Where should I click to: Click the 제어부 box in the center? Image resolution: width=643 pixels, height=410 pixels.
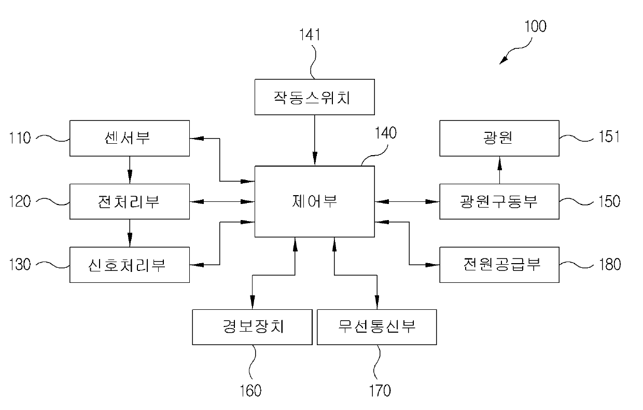click(x=314, y=201)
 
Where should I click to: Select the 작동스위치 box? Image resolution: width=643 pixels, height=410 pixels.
click(x=314, y=97)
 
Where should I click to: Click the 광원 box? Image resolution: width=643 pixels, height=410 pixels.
click(x=499, y=139)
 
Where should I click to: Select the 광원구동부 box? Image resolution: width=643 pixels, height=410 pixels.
click(x=499, y=201)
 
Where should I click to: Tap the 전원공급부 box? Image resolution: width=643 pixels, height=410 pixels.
click(x=499, y=265)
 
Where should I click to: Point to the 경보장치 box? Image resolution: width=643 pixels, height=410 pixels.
click(x=252, y=327)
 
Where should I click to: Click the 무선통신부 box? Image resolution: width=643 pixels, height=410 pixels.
click(x=376, y=327)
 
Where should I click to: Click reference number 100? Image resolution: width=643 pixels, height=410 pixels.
click(x=535, y=26)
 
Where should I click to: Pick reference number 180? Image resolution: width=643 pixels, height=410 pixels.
click(x=609, y=265)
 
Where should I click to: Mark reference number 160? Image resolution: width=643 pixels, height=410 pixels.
click(x=250, y=390)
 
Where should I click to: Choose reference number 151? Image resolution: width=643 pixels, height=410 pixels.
click(x=609, y=139)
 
